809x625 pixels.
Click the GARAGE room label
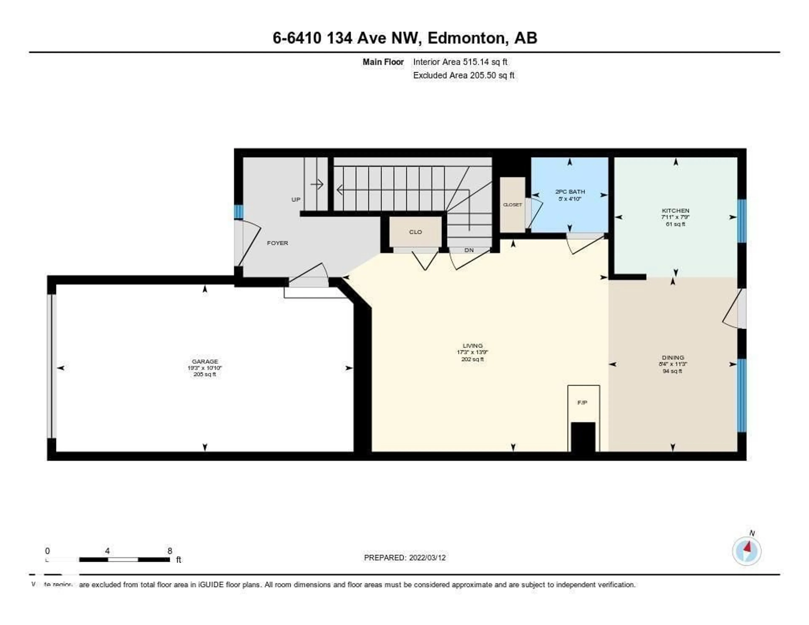[x=205, y=361]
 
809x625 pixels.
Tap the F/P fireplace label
[x=582, y=402]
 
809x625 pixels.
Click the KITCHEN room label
[x=675, y=211]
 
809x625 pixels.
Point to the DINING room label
[x=673, y=358]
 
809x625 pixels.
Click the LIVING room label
[x=472, y=346]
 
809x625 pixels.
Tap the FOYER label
[x=277, y=243]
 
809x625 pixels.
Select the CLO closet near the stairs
[x=415, y=232]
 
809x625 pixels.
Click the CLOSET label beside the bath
[x=512, y=204]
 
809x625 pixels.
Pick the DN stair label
[x=469, y=250]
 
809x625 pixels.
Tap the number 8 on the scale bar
[x=170, y=551]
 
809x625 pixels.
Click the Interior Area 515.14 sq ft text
[x=460, y=62]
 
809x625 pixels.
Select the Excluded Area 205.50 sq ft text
[x=464, y=75]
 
